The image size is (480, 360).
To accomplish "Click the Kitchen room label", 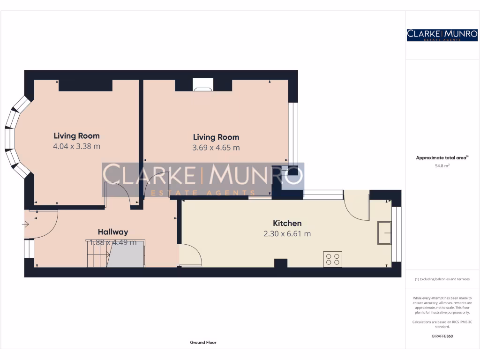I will click(x=287, y=223).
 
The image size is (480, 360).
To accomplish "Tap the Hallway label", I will click(x=112, y=232).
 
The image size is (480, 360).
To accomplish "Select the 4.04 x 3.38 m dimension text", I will click(x=76, y=146).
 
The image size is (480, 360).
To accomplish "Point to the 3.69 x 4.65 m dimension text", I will click(x=216, y=147).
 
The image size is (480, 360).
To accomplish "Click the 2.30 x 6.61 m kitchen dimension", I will click(x=287, y=233).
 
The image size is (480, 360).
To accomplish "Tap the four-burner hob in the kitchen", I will click(x=332, y=259).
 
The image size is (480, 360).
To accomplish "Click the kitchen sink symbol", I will click(x=385, y=232).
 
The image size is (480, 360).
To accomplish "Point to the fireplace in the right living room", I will click(x=202, y=84).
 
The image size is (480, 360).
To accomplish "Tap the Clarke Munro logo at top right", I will click(x=442, y=35).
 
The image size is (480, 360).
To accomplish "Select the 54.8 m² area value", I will click(x=442, y=165).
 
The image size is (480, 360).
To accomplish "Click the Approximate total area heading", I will click(x=442, y=157).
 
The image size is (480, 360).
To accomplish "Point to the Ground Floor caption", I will click(x=203, y=342).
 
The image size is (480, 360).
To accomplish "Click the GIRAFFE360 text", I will click(x=442, y=336).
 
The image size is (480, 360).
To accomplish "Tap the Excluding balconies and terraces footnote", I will click(x=442, y=279).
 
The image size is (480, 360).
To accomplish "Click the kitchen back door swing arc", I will click(x=356, y=206).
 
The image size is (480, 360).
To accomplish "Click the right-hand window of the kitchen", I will click(x=397, y=234).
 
